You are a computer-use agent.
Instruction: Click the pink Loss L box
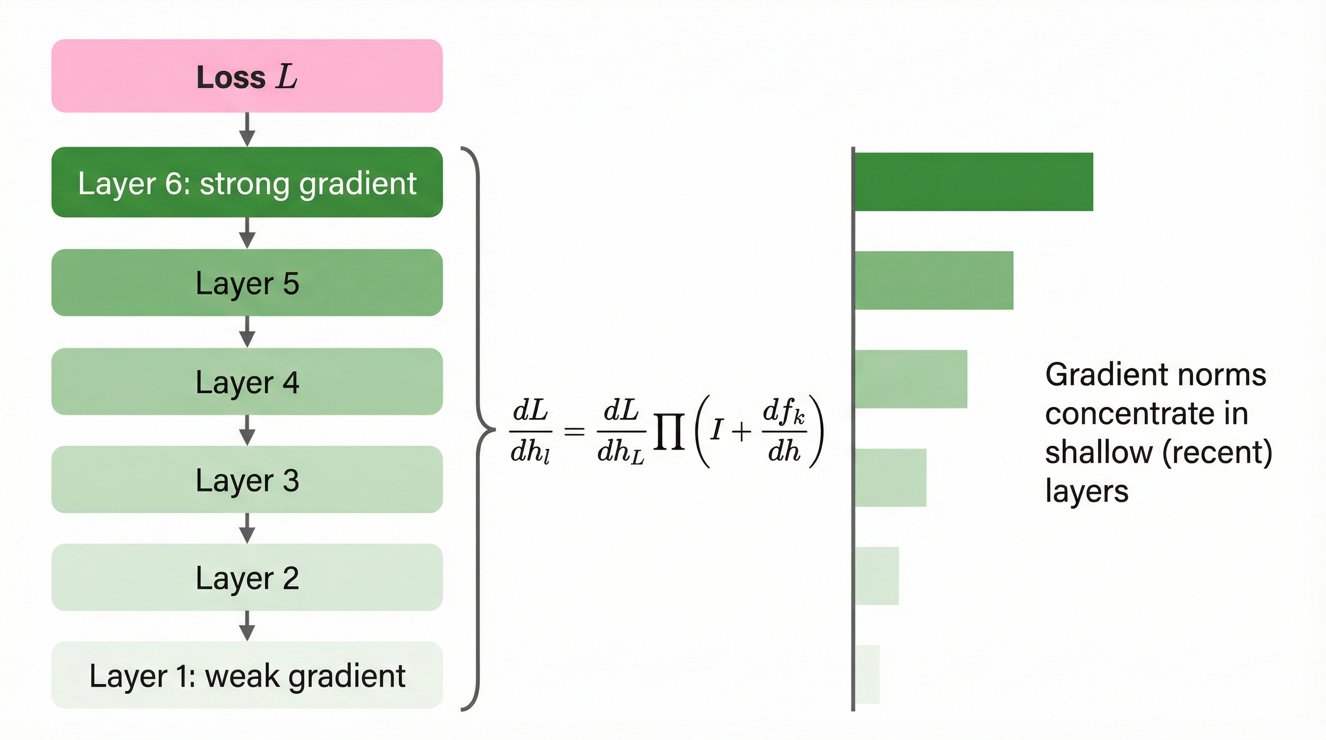coord(247,76)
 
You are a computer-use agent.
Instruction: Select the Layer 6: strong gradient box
coord(247,182)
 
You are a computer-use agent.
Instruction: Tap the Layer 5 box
coord(247,282)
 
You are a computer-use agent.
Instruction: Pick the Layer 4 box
coord(247,381)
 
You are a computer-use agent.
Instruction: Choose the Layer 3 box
coord(247,480)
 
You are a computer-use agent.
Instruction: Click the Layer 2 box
coord(247,577)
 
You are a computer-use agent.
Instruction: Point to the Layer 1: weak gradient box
coord(247,674)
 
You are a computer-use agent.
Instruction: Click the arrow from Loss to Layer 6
coord(247,130)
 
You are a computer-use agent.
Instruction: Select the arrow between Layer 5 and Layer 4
coord(247,332)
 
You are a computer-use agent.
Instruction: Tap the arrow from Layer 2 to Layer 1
coord(247,626)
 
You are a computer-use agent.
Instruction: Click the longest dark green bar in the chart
coord(973,182)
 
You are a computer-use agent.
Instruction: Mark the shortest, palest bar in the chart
coord(867,674)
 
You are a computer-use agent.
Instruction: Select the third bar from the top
coord(911,379)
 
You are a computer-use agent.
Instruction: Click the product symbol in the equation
coord(669,431)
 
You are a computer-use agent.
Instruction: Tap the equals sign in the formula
coord(574,431)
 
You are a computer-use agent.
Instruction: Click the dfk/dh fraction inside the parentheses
coord(783,431)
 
